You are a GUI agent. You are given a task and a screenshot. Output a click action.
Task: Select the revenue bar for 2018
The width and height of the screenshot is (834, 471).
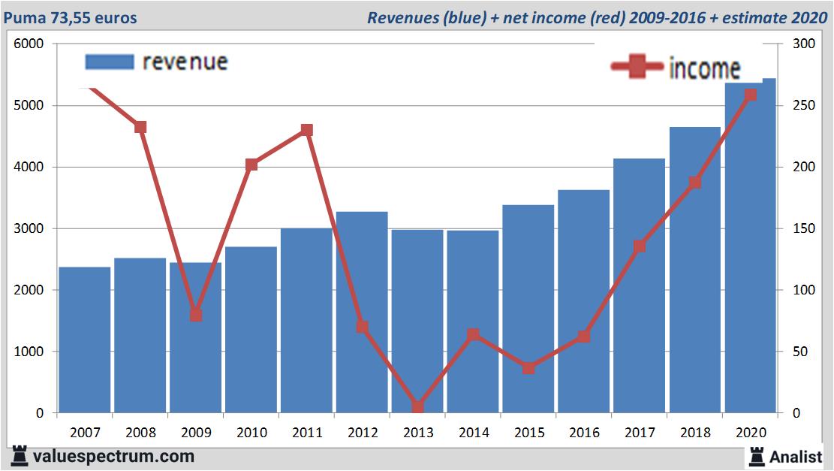click(x=695, y=270)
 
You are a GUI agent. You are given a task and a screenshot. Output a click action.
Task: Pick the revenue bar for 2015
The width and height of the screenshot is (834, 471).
click(x=528, y=309)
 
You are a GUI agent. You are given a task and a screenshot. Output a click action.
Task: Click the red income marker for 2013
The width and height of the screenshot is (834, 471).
click(x=417, y=407)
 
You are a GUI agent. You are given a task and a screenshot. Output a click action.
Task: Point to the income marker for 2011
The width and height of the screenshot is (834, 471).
click(x=307, y=130)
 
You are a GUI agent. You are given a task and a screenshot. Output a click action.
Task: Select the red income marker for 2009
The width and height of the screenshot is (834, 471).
click(x=196, y=315)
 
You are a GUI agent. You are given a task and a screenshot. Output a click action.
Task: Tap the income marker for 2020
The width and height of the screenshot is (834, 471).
click(x=751, y=95)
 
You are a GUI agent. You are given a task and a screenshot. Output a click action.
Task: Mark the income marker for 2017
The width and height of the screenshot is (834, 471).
click(x=640, y=246)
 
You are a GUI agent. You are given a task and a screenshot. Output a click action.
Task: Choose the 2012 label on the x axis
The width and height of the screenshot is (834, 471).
click(x=363, y=433)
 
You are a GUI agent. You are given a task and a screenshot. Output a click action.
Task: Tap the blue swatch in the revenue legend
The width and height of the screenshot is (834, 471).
click(x=110, y=62)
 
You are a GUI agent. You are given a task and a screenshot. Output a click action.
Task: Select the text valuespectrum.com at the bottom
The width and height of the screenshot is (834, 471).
click(x=114, y=456)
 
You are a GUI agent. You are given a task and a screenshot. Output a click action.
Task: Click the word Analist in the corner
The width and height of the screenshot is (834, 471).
click(x=796, y=456)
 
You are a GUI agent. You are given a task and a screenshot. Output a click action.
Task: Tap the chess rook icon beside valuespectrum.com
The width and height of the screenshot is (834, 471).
click(x=20, y=456)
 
